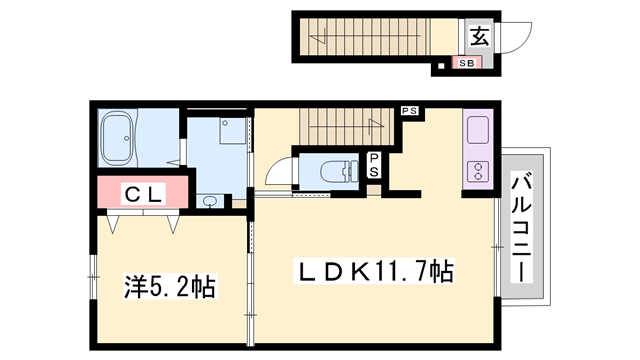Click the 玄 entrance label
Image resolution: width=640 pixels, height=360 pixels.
coord(478,37)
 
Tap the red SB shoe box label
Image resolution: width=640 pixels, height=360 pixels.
coord(466,62)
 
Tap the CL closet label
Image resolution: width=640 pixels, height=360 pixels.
coord(143,194)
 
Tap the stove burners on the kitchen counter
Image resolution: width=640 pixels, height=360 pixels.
coord(477,171)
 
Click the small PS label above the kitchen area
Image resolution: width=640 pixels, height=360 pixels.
coord(409,110)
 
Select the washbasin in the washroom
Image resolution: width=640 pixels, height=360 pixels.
coord(209,200)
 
